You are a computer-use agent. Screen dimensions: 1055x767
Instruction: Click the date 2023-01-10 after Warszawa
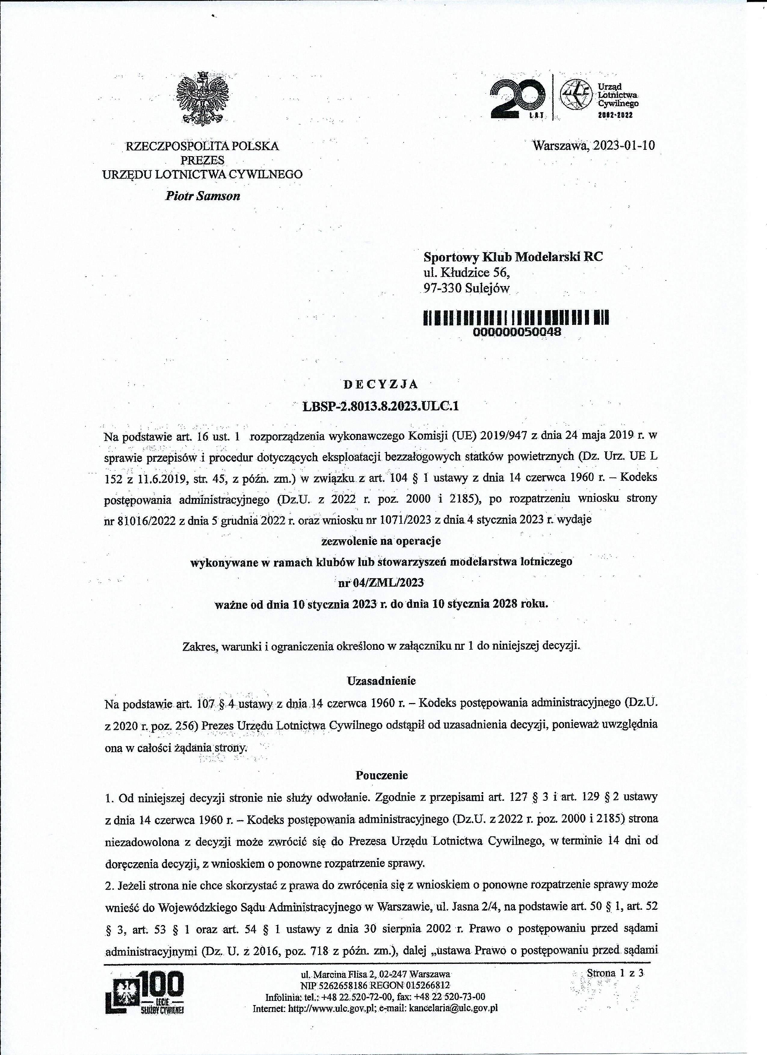623,146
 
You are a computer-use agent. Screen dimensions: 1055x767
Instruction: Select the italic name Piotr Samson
203,196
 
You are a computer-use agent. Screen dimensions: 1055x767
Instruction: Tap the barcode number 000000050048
517,332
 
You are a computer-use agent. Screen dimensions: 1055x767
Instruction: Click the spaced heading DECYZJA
380,384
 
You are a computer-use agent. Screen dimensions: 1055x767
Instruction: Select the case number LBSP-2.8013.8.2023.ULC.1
380,406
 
